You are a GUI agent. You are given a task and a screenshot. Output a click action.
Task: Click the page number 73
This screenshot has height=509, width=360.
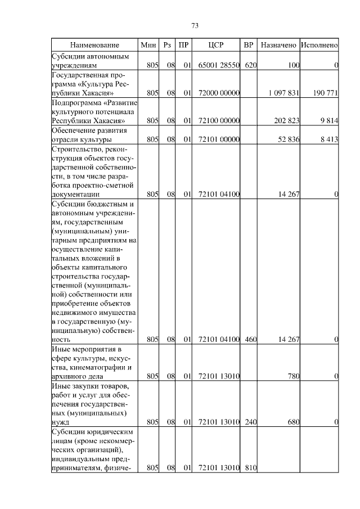[x=195, y=26]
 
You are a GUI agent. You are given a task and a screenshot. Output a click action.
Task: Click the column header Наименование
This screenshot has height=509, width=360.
[x=94, y=44]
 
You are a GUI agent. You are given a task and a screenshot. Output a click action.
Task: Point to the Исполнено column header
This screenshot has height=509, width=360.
[x=319, y=44]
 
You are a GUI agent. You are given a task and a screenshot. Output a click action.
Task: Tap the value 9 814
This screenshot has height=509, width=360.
[x=329, y=120]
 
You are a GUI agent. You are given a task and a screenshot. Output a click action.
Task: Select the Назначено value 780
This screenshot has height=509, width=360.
[x=293, y=376]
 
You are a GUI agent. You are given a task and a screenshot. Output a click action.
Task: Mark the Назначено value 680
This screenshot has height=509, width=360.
[x=293, y=422]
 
